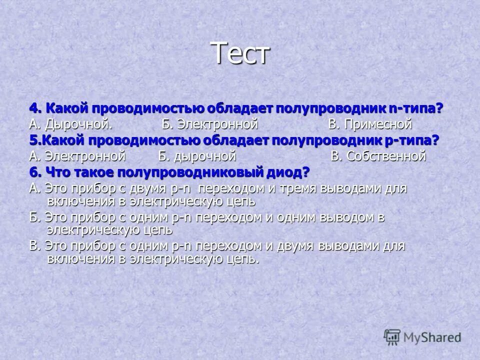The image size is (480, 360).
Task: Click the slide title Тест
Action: (x=240, y=53)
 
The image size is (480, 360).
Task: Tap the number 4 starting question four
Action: (x=33, y=108)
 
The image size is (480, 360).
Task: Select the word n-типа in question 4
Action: (x=416, y=108)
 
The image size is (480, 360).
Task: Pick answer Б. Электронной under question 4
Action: (x=209, y=124)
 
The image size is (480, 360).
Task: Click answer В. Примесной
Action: (x=370, y=124)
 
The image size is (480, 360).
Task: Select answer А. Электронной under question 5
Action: (x=77, y=156)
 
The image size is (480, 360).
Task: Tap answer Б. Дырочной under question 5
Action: (x=197, y=156)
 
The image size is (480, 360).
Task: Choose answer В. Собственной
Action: (x=378, y=156)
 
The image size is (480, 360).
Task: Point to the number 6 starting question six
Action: (x=33, y=172)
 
